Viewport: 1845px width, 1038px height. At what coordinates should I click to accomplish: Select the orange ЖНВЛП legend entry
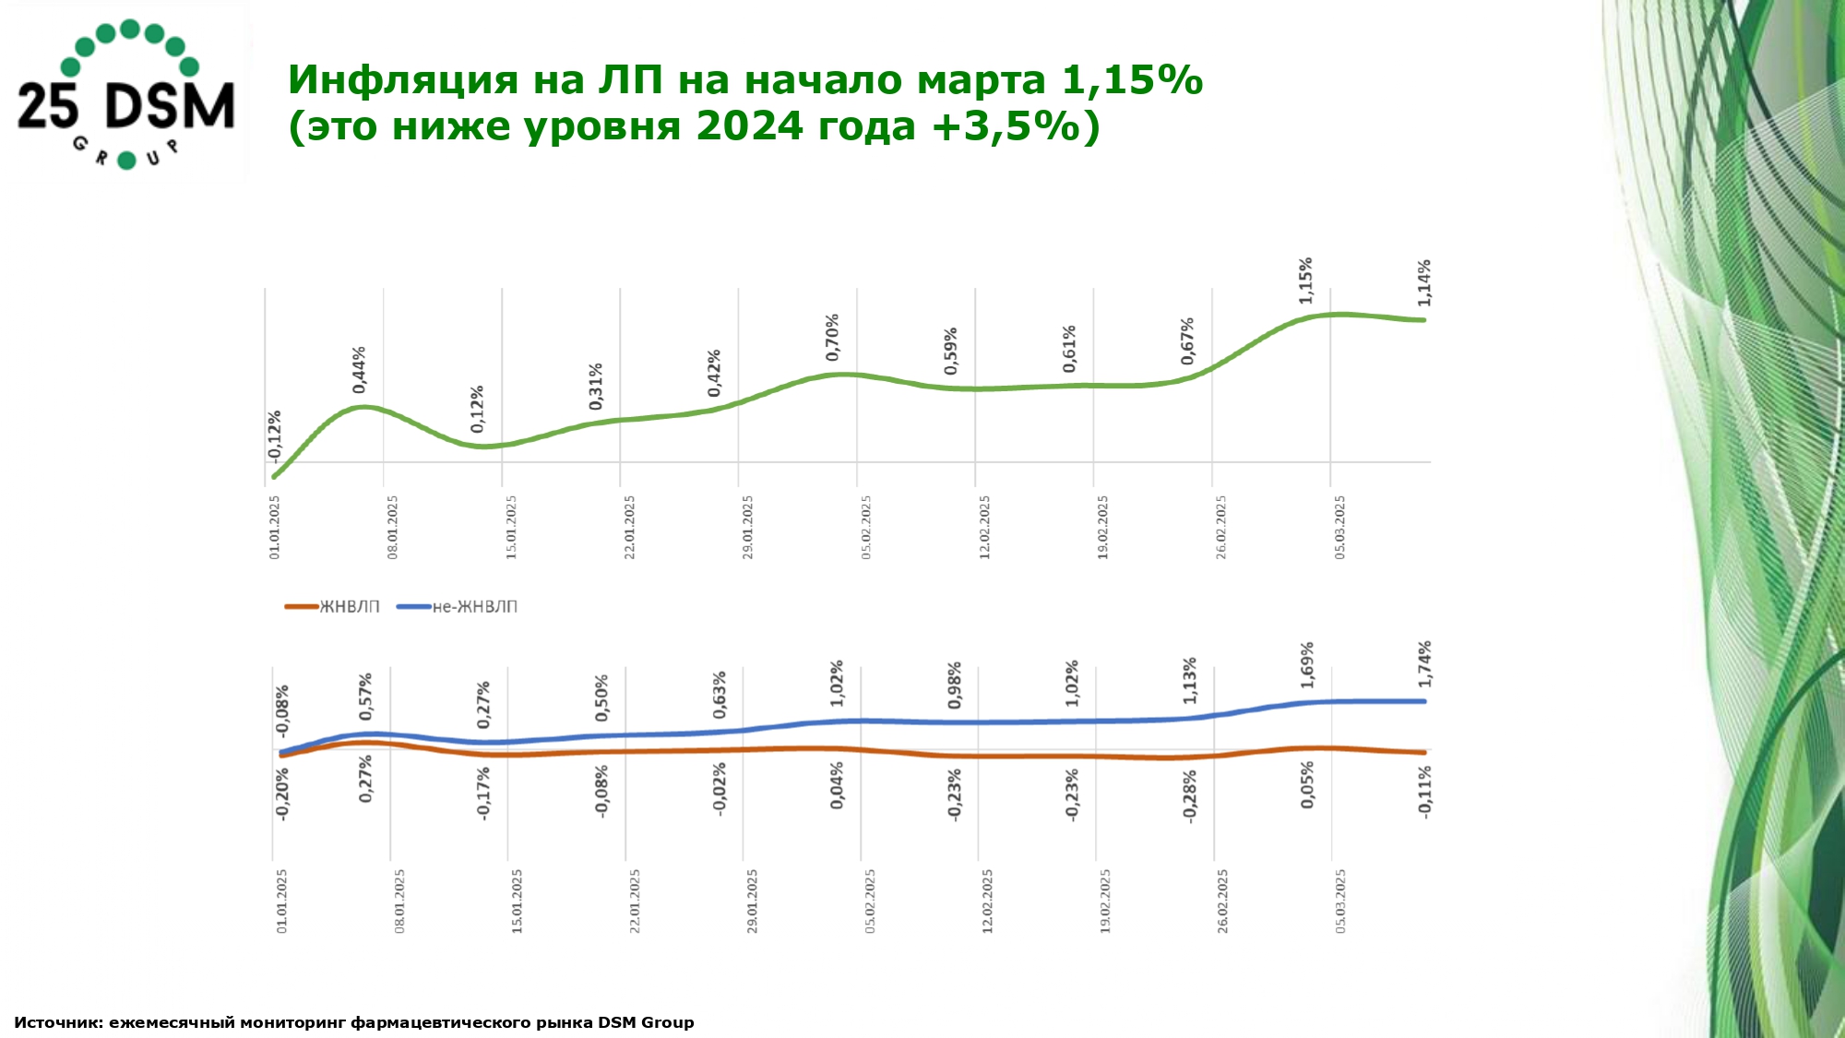(x=332, y=606)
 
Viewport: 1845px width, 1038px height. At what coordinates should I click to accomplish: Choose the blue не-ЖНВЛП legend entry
(x=458, y=606)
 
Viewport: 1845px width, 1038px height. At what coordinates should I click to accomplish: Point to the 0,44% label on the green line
(x=360, y=369)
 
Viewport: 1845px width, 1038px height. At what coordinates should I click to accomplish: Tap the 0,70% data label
(x=833, y=337)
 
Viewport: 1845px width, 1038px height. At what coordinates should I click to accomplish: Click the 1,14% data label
(x=1424, y=283)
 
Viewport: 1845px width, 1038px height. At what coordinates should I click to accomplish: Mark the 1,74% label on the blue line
(x=1425, y=663)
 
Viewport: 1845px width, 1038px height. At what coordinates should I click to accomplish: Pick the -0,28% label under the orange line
(x=1190, y=795)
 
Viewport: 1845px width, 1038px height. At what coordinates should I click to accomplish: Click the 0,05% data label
(x=1307, y=785)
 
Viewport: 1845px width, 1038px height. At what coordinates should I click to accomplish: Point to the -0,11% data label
(x=1425, y=791)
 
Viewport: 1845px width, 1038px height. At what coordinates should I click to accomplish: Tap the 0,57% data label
(x=366, y=697)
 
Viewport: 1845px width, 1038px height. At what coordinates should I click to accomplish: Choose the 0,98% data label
(x=955, y=686)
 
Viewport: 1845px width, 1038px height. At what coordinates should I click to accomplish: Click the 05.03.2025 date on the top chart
(x=1339, y=527)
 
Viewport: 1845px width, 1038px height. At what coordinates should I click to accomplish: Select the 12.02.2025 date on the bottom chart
(x=987, y=901)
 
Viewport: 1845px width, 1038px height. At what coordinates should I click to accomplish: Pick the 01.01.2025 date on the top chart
(x=274, y=527)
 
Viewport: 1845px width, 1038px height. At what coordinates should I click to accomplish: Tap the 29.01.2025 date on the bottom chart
(x=752, y=901)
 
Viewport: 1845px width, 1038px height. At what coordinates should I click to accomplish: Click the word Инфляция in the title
(x=402, y=80)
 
